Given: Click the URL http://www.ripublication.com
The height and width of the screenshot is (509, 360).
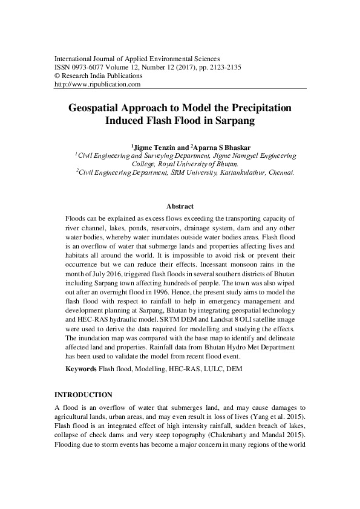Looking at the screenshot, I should (x=97, y=85).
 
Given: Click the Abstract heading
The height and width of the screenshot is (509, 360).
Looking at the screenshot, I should (x=180, y=206).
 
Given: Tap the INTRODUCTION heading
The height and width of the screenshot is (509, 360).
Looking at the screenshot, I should (x=83, y=394).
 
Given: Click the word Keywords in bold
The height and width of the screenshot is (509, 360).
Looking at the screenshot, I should (x=80, y=368).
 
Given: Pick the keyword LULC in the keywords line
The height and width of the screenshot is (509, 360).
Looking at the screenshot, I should (x=212, y=368).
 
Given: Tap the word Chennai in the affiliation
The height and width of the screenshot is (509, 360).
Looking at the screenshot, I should (x=280, y=172).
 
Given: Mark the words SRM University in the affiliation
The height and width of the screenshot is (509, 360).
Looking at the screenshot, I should (x=192, y=172).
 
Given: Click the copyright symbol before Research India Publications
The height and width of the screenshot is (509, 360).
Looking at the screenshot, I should (x=57, y=76).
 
